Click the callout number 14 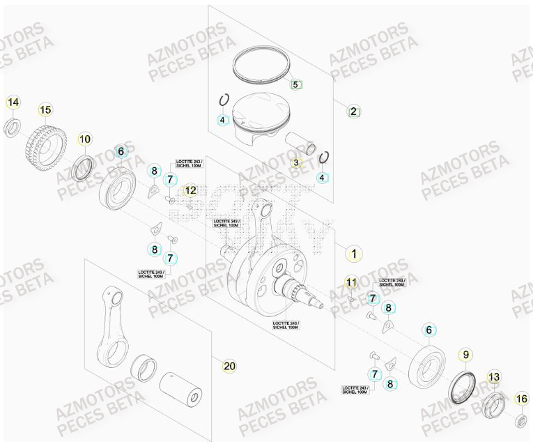13,103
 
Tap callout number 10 84,139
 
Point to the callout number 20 229,365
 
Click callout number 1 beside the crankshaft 354,254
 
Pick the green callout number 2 353,111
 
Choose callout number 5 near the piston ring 295,84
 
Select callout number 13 493,377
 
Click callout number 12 190,190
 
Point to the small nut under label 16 520,420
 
